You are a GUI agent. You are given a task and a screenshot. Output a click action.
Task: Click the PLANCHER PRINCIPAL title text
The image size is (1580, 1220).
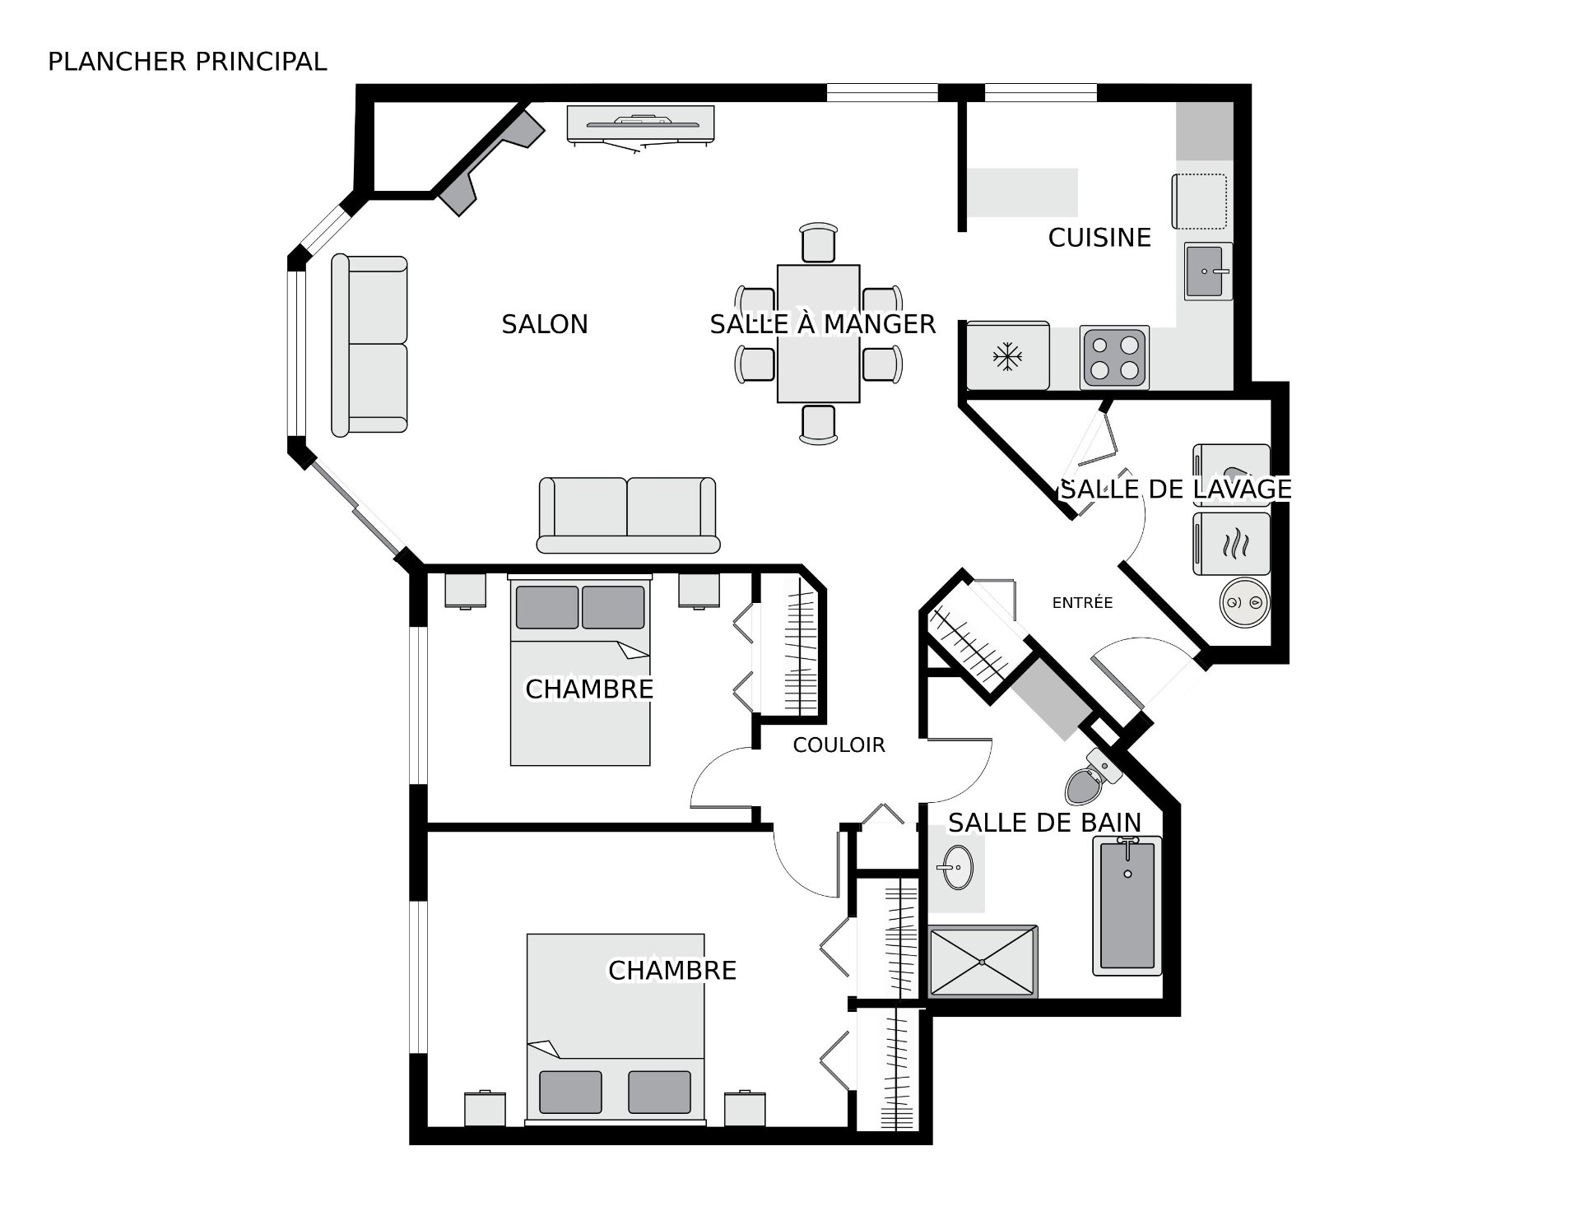pos(188,62)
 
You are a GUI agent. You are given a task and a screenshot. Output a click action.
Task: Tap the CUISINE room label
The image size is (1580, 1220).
pos(1099,238)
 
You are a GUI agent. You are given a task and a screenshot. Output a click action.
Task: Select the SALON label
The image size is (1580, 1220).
pos(545,325)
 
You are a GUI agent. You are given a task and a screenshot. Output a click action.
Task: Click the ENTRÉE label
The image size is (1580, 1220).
pos(1082,603)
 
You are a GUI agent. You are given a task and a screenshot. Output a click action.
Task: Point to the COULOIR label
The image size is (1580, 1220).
pos(839,745)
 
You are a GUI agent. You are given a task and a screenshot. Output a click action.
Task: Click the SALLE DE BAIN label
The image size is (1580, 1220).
pos(1044,823)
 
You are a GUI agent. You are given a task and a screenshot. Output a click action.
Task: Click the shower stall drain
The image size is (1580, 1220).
pos(983,962)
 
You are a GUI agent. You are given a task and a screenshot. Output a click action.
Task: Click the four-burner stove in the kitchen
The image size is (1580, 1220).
pos(1114,357)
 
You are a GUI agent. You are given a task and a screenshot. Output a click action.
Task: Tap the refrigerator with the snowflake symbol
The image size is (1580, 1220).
pos(1008,355)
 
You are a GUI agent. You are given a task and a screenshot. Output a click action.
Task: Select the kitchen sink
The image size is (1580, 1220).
pos(1208,271)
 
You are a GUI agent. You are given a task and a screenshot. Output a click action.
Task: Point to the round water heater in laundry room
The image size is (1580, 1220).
pos(1243,602)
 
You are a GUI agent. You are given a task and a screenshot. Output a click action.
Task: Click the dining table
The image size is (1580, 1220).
pos(819,334)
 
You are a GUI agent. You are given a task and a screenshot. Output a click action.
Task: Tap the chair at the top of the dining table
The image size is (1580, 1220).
pos(819,244)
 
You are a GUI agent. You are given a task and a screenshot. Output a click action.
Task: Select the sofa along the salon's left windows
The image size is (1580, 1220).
pos(369,345)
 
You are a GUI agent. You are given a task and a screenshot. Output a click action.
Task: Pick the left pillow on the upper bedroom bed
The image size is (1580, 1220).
pos(547,607)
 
